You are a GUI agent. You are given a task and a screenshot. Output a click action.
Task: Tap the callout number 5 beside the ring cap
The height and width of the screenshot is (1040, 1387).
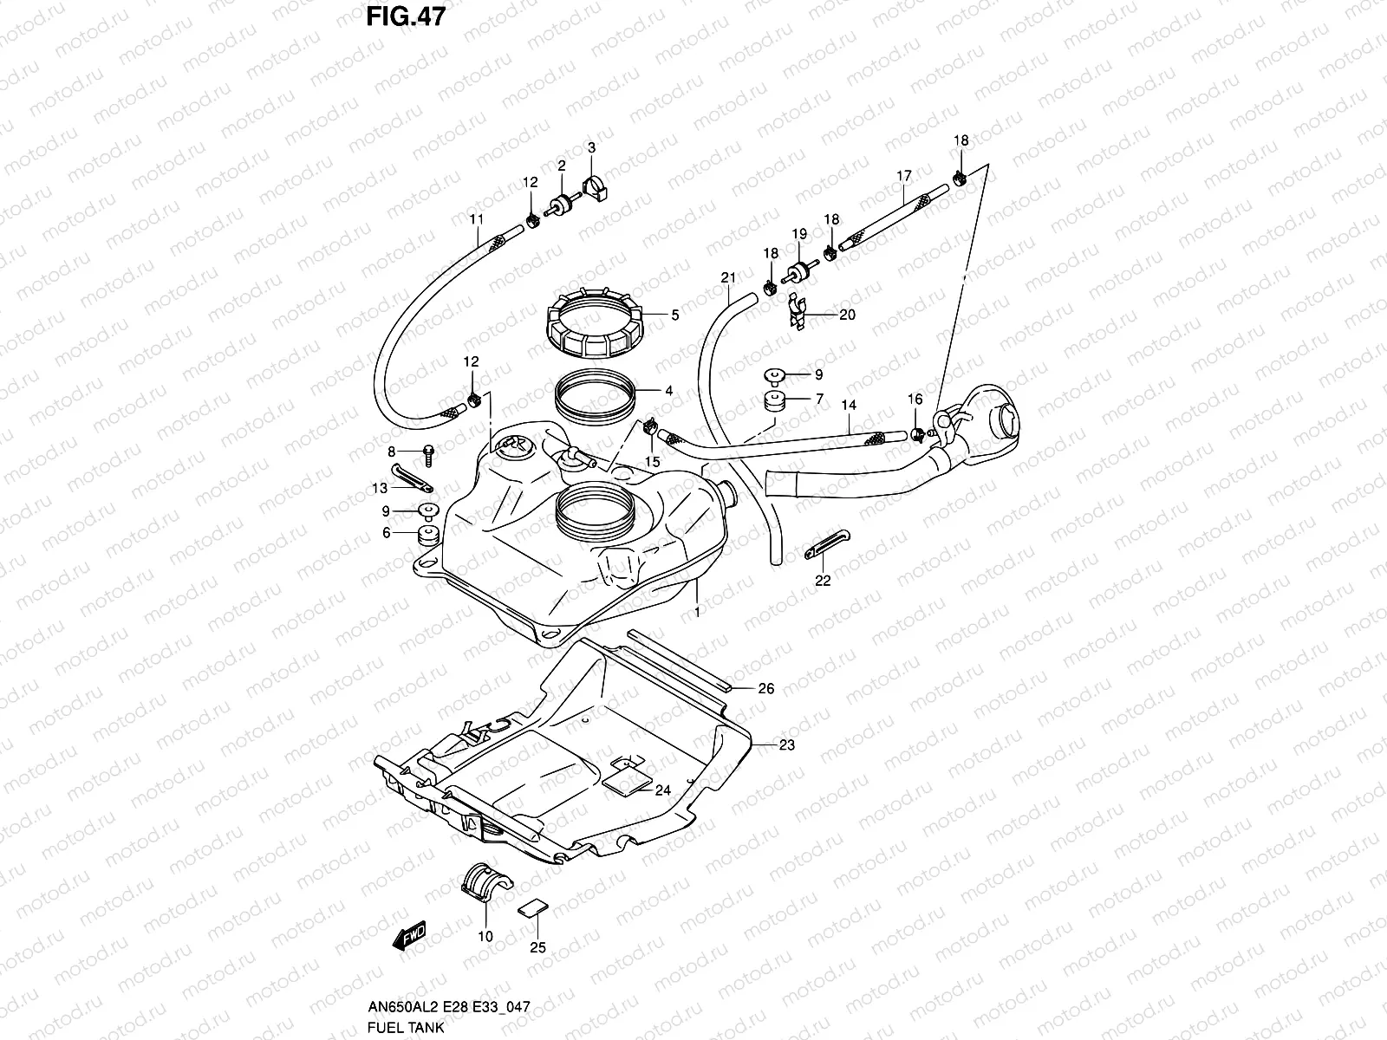674,315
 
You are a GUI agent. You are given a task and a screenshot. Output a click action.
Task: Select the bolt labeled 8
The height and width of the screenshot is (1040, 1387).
429,452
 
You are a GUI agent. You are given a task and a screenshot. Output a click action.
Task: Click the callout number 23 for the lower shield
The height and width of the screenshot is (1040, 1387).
786,744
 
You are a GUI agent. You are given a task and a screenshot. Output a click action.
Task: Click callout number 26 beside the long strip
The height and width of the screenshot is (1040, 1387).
765,689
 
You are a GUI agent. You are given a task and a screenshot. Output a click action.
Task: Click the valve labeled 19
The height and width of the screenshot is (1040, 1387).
798,268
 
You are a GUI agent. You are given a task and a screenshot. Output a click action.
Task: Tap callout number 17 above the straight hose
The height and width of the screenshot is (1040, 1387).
903,176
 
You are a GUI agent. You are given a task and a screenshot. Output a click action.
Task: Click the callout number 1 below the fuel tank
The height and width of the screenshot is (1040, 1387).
697,611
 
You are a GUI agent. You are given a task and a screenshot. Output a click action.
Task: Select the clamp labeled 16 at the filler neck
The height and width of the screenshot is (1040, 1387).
918,433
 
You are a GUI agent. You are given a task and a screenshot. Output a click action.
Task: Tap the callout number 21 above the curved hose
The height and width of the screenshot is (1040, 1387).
728,277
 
